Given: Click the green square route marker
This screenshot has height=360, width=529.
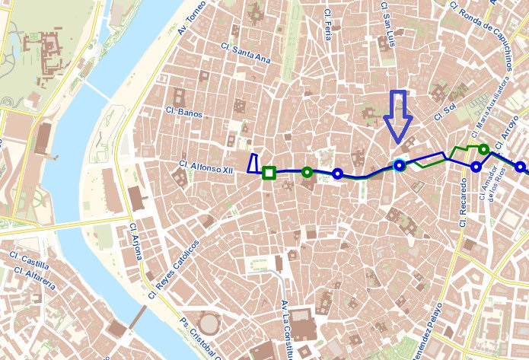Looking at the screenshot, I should [x=269, y=173].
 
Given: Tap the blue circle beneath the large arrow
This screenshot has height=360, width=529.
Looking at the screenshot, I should [x=399, y=164].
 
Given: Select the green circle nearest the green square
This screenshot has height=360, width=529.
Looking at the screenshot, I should [x=307, y=172].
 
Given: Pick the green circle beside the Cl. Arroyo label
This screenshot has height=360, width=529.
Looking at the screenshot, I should [x=483, y=149].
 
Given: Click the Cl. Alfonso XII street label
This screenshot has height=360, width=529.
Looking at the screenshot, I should [x=205, y=165].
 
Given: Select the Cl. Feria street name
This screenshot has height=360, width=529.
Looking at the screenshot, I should [x=328, y=24].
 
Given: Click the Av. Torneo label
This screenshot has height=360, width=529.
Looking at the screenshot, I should [x=193, y=18].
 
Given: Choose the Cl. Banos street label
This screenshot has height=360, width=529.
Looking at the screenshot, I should [x=184, y=113].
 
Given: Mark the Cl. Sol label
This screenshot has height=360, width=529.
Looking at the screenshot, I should [x=443, y=113].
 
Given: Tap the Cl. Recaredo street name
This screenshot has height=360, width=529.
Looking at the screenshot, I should [x=463, y=203].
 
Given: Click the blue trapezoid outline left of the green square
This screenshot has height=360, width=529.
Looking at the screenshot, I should [x=253, y=164].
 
